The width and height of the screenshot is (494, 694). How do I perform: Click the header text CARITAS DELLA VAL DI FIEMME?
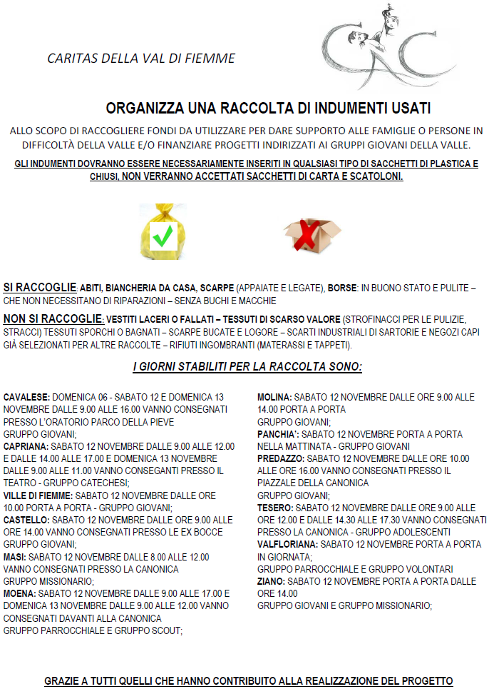pos(141,59)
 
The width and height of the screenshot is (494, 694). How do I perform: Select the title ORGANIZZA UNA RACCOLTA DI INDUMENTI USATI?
pos(268,109)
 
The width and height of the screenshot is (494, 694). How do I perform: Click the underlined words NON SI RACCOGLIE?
pos(53,318)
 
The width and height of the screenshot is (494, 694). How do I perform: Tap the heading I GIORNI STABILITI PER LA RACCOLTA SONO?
pos(247,367)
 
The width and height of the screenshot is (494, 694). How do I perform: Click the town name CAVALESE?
pos(26,396)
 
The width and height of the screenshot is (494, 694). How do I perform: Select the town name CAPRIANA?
pos(26,446)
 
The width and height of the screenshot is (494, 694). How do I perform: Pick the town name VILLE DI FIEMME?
pos(38,495)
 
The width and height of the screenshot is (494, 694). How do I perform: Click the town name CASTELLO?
pos(26,520)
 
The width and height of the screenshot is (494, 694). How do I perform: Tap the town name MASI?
pos(15,557)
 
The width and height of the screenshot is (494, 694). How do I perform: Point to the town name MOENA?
pos(19,593)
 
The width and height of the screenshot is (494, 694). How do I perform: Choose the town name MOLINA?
pos(274,396)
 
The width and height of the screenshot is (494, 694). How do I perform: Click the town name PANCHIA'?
pos(278,433)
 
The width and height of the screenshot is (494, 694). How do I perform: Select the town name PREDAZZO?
pos(281,458)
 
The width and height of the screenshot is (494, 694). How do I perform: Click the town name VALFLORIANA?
pos(287,544)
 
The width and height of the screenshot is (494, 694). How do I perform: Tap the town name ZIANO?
pos(271,581)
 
